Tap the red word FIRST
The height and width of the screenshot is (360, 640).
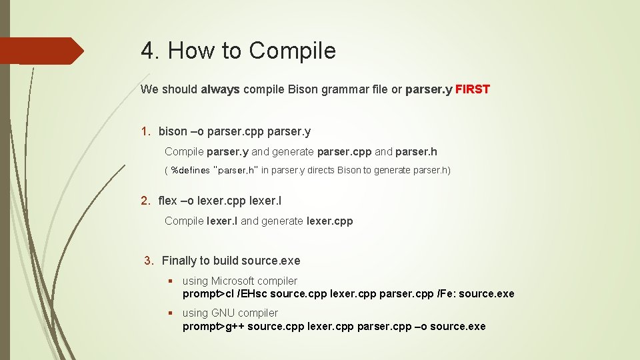tap(473, 89)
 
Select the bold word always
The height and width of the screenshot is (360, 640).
tap(220, 89)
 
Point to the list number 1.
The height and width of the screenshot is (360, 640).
tap(145, 132)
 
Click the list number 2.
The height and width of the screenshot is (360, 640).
tap(145, 201)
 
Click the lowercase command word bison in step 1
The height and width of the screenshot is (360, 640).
tap(173, 132)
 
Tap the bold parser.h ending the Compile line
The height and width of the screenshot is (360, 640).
tap(416, 152)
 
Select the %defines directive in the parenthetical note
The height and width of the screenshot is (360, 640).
tap(190, 171)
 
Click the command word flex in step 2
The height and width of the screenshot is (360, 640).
tap(168, 201)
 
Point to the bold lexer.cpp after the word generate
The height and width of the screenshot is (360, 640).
tap(329, 221)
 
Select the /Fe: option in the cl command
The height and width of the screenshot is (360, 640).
tap(446, 294)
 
